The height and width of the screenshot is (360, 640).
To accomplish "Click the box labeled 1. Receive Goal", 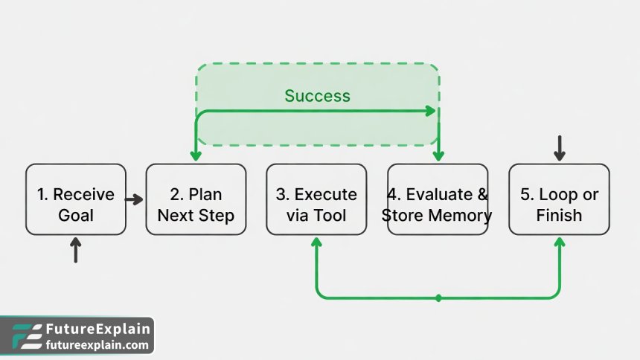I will pos(76,199).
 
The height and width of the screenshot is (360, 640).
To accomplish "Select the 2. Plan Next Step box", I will pos(196,199).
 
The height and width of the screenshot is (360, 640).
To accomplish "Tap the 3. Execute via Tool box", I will pos(316,199).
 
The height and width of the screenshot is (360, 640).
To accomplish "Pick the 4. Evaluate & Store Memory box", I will pos(438,199).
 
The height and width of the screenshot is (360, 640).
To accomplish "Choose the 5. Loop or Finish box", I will pos(559,199).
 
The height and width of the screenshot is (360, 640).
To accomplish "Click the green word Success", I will pos(317,96).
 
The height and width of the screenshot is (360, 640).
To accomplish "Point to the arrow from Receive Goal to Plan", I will pos(134,199).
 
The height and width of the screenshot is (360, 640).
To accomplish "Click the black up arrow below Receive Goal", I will pos(75,251).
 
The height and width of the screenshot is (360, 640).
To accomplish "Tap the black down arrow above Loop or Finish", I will pos(559,148).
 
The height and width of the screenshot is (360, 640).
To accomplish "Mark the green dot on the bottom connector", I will pos(438,298).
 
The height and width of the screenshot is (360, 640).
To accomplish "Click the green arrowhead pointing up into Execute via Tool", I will pos(316,242).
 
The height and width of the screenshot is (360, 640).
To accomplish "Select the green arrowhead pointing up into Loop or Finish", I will pos(559,242).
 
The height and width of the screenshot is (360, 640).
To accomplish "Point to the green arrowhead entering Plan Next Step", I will pos(196,155).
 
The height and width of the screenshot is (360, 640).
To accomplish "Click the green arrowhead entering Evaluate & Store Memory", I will pos(438,155).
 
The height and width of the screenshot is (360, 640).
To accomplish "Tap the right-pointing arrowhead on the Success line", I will pos(431,111).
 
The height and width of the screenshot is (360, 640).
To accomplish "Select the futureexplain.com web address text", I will pos(97,345).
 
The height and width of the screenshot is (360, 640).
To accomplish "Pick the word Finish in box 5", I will pos(559,216).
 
